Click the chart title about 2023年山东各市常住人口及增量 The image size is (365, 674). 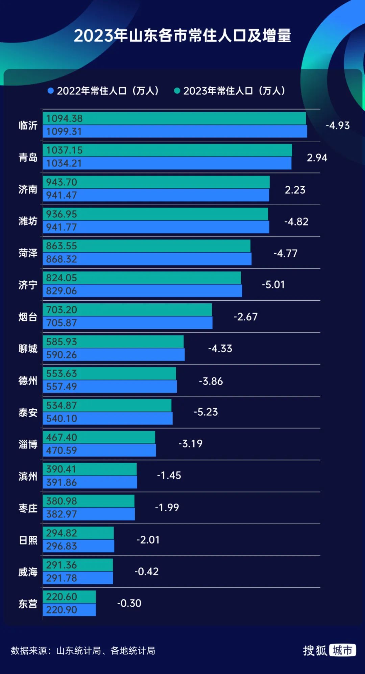(x=182, y=36)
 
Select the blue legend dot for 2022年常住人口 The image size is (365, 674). (x=51, y=91)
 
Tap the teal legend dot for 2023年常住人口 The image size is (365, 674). (x=177, y=91)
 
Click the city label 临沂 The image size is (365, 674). (x=28, y=125)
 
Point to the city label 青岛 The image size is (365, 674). (x=28, y=157)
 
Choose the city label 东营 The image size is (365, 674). (x=28, y=604)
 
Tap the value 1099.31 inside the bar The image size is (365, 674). (x=64, y=132)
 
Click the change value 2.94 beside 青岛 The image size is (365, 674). (x=317, y=158)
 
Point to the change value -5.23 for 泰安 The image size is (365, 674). (x=205, y=412)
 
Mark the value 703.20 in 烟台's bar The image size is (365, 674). (x=62, y=310)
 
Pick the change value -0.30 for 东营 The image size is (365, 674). (x=129, y=603)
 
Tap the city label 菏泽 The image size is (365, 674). (x=28, y=253)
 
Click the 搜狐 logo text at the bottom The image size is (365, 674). (x=315, y=650)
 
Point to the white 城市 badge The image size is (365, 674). (x=342, y=650)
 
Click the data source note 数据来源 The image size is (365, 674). (x=83, y=651)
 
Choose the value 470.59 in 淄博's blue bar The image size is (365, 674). (x=62, y=450)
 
